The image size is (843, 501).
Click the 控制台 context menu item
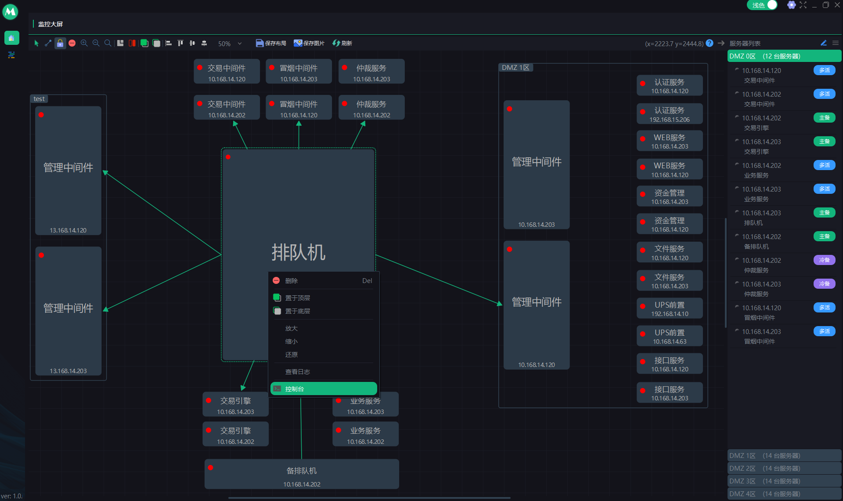point(324,388)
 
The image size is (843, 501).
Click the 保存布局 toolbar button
point(271,43)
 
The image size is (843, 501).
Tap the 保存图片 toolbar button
point(309,43)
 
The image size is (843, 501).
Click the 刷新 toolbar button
point(342,43)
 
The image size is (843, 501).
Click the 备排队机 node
point(302,474)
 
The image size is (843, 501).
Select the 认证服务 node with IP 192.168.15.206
point(670,114)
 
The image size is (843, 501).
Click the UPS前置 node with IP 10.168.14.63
point(670,336)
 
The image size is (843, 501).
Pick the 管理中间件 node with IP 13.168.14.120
point(68,171)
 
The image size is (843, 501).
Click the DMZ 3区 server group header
point(784,481)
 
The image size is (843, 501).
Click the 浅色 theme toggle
point(762,5)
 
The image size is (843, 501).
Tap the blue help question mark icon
point(710,43)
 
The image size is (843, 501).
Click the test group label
point(39,99)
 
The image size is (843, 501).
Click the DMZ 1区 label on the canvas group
point(515,68)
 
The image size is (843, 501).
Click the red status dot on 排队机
point(228,157)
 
